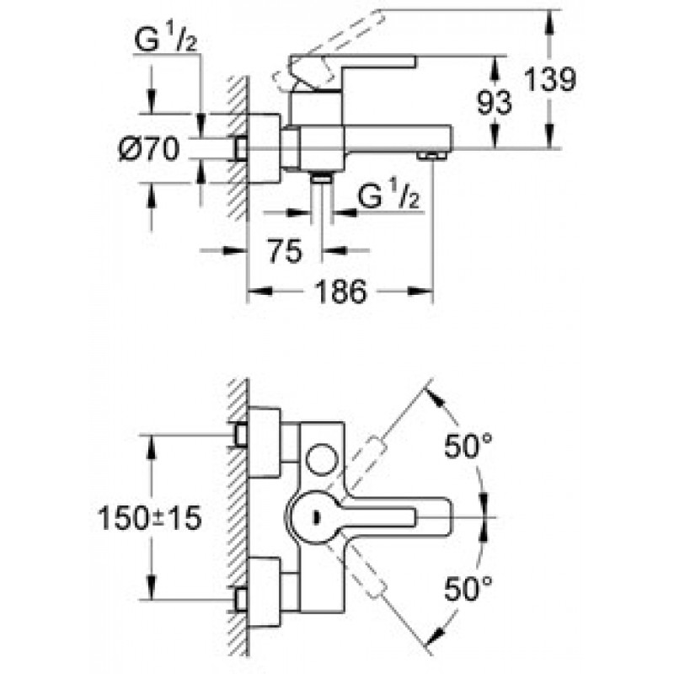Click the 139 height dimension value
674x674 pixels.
pyautogui.click(x=551, y=79)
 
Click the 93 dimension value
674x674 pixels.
pyautogui.click(x=495, y=102)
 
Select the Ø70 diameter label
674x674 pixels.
pyautogui.click(x=149, y=149)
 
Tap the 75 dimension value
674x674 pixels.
pyautogui.click(x=285, y=250)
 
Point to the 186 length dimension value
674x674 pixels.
pyautogui.click(x=341, y=292)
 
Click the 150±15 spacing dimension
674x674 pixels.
pyautogui.click(x=150, y=517)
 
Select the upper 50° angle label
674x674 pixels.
pyautogui.click(x=468, y=446)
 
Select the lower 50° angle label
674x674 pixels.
pyautogui.click(x=468, y=588)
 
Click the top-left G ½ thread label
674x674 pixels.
pyautogui.click(x=165, y=40)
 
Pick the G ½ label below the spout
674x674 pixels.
pyautogui.click(x=388, y=195)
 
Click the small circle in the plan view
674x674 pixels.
pyautogui.click(x=322, y=459)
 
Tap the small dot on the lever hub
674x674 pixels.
pyautogui.click(x=318, y=517)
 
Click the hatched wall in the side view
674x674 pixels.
pyautogui.click(x=238, y=148)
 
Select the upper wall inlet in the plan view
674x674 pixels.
pyautogui.click(x=241, y=435)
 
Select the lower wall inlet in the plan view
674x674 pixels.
pyautogui.click(x=241, y=599)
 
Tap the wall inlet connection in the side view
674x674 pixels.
pyautogui.click(x=241, y=149)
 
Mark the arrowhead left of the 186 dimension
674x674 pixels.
pyautogui.click(x=260, y=292)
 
